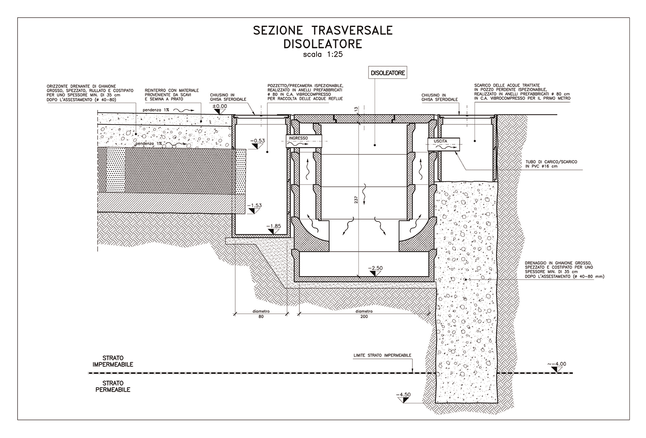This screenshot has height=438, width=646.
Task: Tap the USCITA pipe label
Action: (440, 141)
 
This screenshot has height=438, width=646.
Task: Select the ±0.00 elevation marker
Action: (220, 106)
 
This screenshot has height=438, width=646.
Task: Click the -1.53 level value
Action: (254, 206)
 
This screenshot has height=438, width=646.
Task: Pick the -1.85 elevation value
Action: (273, 227)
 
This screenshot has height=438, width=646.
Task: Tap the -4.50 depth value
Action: (403, 395)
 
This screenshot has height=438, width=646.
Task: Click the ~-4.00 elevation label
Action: (557, 364)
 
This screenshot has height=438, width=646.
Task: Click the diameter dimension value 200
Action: (364, 316)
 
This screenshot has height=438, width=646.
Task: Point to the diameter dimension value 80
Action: (261, 316)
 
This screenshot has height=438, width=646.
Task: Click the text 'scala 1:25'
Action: (323, 55)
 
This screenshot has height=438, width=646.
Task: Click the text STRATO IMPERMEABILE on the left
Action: (113, 361)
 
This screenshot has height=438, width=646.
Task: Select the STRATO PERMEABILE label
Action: (113, 386)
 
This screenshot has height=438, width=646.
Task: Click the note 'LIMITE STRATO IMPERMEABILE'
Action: (382, 355)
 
